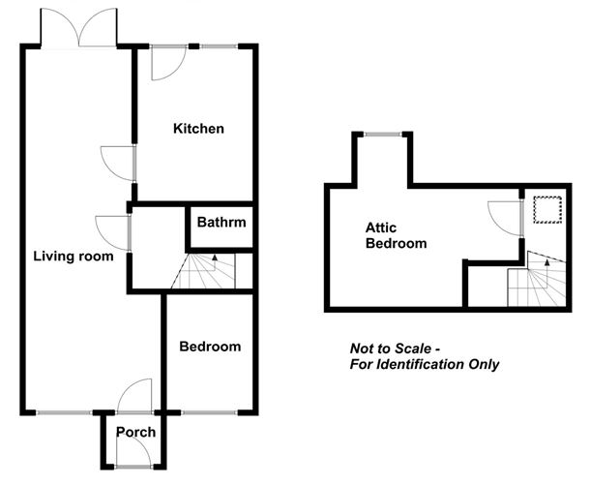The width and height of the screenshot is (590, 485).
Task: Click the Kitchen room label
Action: click(198, 129)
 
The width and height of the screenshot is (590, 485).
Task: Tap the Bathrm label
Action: click(221, 223)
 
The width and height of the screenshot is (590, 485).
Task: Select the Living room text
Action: click(74, 257)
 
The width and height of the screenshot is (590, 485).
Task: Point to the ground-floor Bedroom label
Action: click(210, 347)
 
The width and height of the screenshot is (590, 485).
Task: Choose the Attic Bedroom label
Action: click(395, 235)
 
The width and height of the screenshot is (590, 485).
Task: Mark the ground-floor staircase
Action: click(209, 272)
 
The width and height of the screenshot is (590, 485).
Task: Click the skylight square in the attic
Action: click(547, 209)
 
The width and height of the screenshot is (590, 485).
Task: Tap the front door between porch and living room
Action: click(133, 396)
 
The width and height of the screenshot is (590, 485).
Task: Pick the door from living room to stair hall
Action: click(115, 232)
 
